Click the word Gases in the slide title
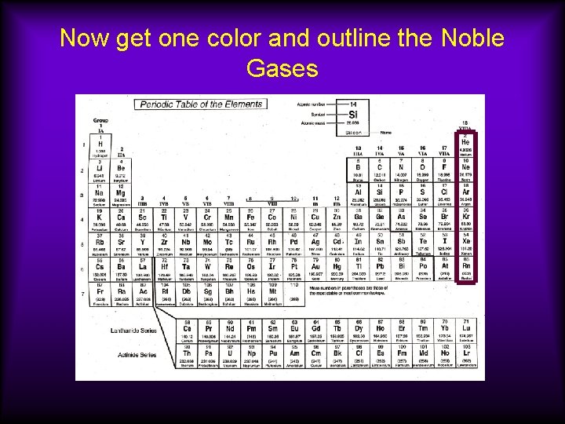[282, 69]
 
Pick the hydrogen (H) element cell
[101, 144]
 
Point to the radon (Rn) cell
[465, 269]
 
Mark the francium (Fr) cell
[101, 294]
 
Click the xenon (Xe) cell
[465, 243]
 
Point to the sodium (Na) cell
[101, 193]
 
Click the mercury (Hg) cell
[336, 269]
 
